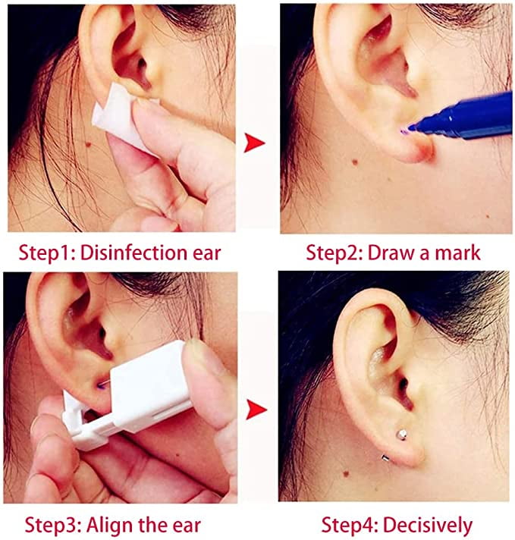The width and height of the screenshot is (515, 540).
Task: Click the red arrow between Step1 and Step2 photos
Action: tap(254, 143)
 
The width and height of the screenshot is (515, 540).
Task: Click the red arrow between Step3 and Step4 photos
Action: tap(256, 410)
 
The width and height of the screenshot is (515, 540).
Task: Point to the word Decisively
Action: tap(428, 525)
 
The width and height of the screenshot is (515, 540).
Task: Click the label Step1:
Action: tap(47, 253)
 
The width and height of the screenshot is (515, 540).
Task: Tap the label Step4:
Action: tap(350, 525)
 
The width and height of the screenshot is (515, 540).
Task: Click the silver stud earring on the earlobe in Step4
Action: tap(401, 434)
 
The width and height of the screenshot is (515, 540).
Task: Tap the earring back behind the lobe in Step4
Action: tap(385, 457)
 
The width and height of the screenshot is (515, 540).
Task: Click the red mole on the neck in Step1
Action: tap(88, 144)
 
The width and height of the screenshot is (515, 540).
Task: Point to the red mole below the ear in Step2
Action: tap(354, 162)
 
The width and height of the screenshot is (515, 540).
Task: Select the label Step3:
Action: tap(53, 526)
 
